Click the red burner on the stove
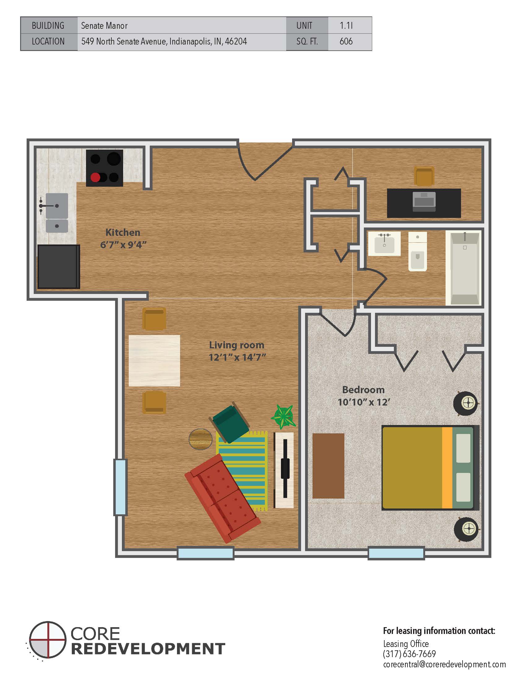(x=95, y=177)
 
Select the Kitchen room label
(x=123, y=232)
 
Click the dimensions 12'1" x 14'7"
(x=237, y=357)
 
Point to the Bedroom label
(x=363, y=389)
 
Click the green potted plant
(x=283, y=416)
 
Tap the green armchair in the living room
(x=231, y=422)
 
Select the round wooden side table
(x=201, y=439)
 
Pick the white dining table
(x=154, y=360)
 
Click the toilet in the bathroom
(x=417, y=251)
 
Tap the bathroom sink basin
(x=384, y=244)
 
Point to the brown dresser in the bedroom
(x=328, y=466)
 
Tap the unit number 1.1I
(x=346, y=26)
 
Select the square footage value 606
(x=346, y=41)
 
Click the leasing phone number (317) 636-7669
(x=409, y=653)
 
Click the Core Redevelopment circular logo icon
(x=48, y=640)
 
